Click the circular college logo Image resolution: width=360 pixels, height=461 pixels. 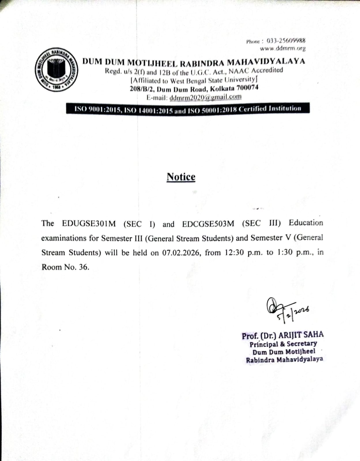tap(56, 70)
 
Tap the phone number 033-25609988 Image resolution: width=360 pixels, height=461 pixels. tap(286, 41)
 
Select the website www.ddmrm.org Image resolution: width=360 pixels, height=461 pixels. tap(282, 48)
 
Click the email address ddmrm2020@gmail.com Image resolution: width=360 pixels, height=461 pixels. tap(206, 97)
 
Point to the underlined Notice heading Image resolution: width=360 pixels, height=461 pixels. tap(181, 177)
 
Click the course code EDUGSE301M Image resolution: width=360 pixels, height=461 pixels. tap(89, 224)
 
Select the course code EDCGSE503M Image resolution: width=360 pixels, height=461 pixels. tap(208, 224)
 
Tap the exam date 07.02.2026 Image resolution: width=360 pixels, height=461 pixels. tap(181, 253)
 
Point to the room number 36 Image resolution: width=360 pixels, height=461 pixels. tap(83, 267)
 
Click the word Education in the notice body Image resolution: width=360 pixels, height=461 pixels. tap(306, 223)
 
